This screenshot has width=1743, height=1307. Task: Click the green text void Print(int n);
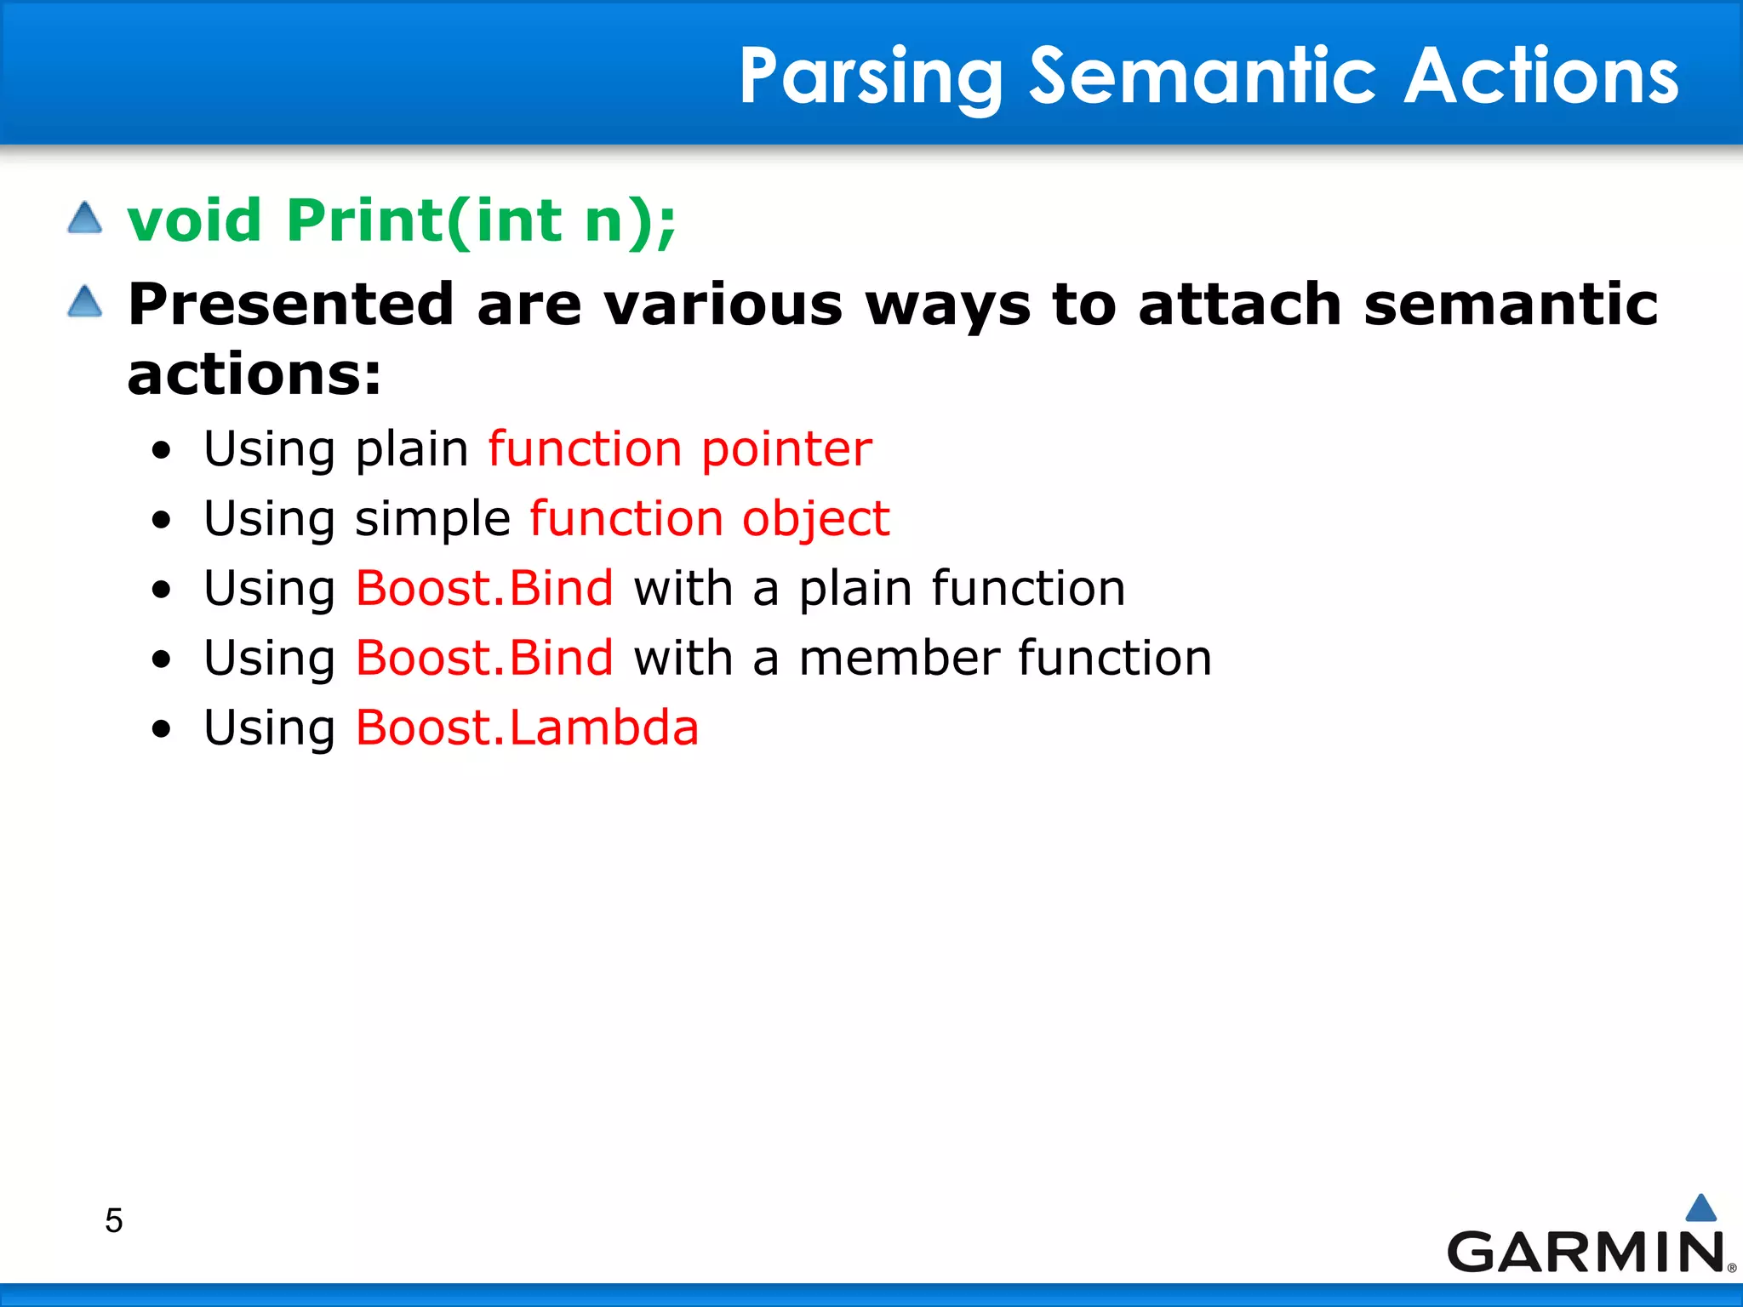(401, 220)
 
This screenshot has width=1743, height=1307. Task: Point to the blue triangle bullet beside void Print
(84, 218)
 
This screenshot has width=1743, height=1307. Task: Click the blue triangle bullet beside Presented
(84, 301)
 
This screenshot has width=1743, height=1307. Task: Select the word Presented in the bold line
(290, 304)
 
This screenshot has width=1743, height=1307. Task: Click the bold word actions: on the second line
(254, 374)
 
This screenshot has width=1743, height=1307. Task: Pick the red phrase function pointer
(679, 448)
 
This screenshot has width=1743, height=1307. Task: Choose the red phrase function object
(709, 518)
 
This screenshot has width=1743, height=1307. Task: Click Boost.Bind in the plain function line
(483, 588)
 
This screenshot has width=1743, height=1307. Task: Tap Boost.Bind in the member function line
(483, 658)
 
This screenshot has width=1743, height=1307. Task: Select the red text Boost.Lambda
(527, 728)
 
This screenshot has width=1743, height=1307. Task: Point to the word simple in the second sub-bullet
(432, 518)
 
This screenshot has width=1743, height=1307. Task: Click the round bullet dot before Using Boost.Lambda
(161, 729)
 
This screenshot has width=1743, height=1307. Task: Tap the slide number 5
(113, 1221)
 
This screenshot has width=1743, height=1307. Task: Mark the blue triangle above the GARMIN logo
(1700, 1208)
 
